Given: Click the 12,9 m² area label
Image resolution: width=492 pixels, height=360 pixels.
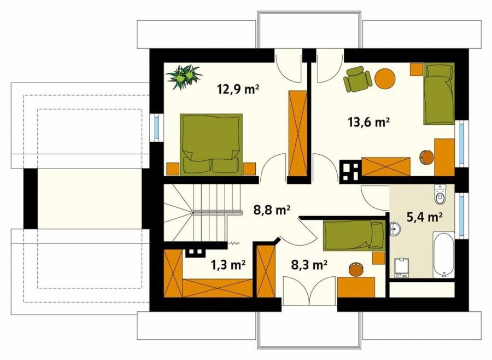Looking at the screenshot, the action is tap(238, 90).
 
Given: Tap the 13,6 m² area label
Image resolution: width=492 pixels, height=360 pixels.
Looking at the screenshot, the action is tap(368, 121).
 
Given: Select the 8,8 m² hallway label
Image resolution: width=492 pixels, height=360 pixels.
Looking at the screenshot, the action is tap(272, 210).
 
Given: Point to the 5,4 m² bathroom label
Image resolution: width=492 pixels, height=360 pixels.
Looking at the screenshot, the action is tap(425, 217).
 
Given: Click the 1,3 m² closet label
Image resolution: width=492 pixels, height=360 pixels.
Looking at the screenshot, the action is tap(227, 265).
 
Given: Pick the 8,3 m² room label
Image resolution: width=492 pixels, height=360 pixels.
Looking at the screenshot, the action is tap(309, 265).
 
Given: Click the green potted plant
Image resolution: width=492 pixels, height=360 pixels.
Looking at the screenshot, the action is tap(184, 77).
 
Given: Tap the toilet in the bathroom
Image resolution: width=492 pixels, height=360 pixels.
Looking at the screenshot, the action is tap(440, 194).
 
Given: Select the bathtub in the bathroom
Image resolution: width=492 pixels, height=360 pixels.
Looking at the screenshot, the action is tap(444, 255).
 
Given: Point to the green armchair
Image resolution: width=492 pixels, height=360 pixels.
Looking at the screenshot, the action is tap(358, 79).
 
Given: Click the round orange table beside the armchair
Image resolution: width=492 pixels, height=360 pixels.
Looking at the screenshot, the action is tap(385, 79).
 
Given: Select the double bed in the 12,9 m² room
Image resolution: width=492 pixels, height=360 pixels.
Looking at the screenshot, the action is tap(211, 144).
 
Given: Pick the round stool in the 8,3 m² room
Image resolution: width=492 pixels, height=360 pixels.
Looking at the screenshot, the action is tap(356, 269).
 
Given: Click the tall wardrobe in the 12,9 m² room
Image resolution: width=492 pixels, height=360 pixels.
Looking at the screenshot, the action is tap(297, 133).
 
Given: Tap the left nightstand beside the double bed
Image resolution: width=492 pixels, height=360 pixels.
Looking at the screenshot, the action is tap(173, 169).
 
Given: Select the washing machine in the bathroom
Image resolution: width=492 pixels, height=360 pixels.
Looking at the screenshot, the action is tap(402, 268).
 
